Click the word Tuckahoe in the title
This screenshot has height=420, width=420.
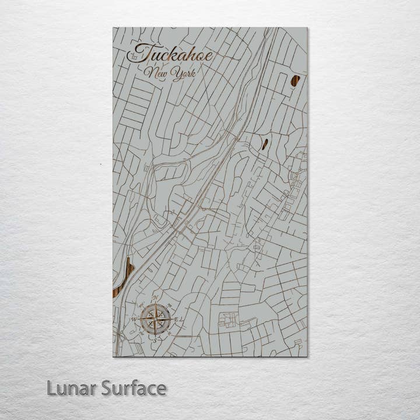click(170, 54)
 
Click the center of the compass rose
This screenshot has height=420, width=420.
click(156, 318)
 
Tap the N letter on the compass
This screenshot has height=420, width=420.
click(156, 298)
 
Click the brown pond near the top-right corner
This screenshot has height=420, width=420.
click(296, 80)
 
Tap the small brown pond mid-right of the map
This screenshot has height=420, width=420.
click(265, 143)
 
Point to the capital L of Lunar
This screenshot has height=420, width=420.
click(51, 388)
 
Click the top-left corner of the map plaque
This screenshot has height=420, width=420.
click(113, 27)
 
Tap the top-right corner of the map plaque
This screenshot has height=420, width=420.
click(307, 27)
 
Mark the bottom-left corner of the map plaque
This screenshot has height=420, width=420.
click(113, 356)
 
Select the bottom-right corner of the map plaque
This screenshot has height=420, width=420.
click(307, 356)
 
